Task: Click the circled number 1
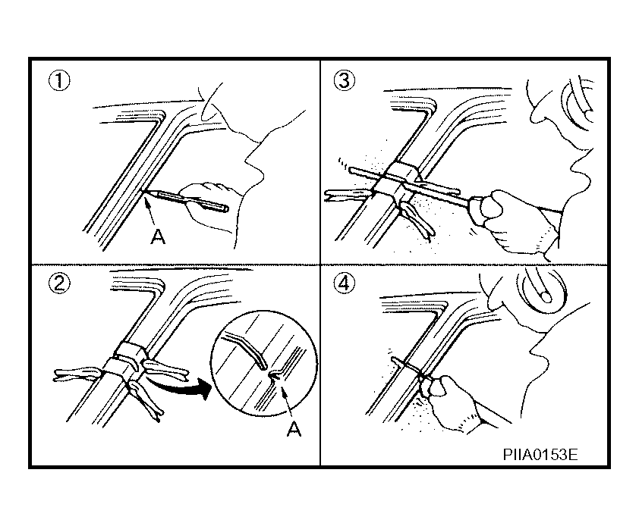pyautogui.click(x=59, y=80)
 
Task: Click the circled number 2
pyautogui.click(x=59, y=283)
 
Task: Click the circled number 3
pyautogui.click(x=345, y=80)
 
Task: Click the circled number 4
pyautogui.click(x=345, y=283)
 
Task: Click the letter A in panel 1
pyautogui.click(x=158, y=236)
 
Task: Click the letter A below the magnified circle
pyautogui.click(x=294, y=429)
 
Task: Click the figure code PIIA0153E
pyautogui.click(x=540, y=454)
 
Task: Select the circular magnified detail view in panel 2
pyautogui.click(x=264, y=363)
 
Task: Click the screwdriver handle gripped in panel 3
pyautogui.click(x=483, y=210)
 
